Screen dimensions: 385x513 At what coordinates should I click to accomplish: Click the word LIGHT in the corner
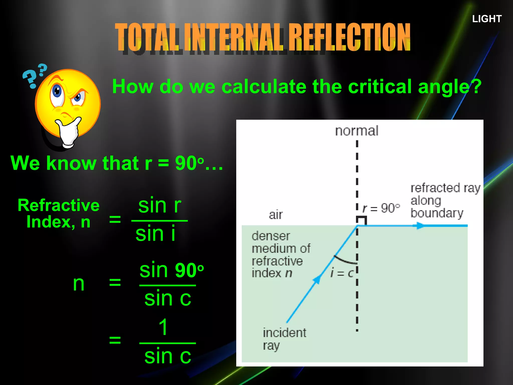(x=487, y=19)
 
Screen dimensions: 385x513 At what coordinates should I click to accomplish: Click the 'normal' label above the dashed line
(x=357, y=131)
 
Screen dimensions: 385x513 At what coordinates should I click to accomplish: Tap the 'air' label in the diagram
(x=276, y=215)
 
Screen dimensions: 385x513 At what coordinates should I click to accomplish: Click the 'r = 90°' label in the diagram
(x=381, y=208)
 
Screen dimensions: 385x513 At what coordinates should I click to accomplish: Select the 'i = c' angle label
(x=342, y=273)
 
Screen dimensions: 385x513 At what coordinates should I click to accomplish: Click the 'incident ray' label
(x=284, y=339)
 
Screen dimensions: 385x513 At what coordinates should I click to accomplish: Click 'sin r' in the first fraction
(x=160, y=206)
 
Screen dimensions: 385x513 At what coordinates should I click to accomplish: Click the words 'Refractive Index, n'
(x=59, y=214)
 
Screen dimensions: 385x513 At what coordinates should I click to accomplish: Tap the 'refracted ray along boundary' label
(x=445, y=201)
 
